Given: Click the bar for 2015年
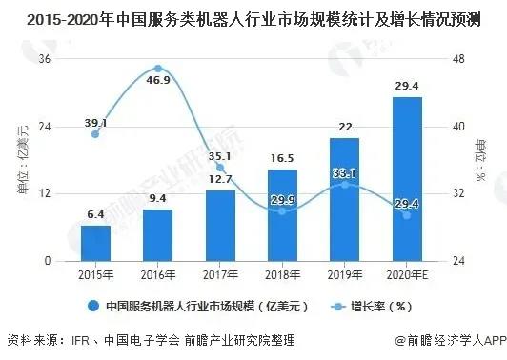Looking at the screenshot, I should pos(95,244).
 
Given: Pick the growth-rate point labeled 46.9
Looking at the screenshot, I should pos(158,69).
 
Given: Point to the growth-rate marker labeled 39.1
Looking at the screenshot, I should pos(95,134).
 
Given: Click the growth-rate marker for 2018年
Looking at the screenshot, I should pos(282,210).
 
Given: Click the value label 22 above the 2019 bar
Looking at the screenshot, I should pos(345,127).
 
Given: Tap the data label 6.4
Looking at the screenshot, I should pos(95,214).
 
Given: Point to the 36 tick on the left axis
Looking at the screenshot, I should pos(43,59).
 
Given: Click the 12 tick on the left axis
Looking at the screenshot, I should pos(43,194).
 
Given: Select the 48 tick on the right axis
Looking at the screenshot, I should pos(458,59).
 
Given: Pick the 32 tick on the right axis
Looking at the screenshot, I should pos(458,194).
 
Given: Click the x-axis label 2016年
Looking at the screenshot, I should pos(158,273).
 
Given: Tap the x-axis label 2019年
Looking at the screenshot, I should pos(345,273).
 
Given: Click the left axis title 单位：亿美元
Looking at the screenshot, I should pos(23,160).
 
